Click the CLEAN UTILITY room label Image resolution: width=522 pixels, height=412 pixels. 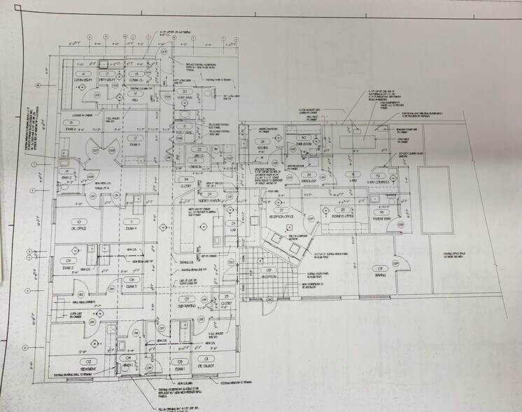[x=83, y=81]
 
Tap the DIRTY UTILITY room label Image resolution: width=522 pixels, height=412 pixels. [x=108, y=81]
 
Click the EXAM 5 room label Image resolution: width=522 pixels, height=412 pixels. [x=134, y=145]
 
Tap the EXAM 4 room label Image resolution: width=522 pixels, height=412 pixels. [x=131, y=228]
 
